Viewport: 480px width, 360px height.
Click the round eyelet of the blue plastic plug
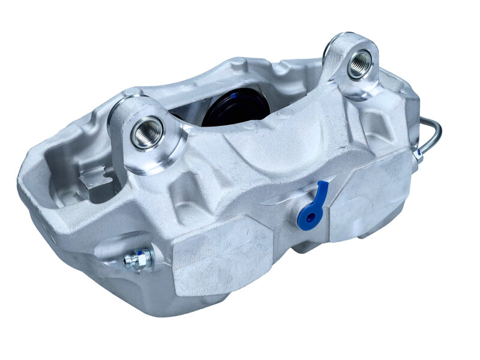click(x=310, y=217)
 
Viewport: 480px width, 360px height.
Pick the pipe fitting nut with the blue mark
click(x=418, y=154)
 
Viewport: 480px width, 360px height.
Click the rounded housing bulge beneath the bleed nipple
click(x=114, y=288)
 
